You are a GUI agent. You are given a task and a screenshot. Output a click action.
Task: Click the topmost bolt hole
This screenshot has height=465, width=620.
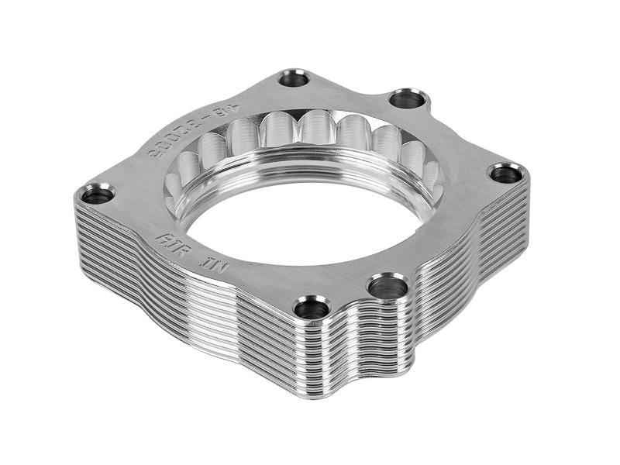294,77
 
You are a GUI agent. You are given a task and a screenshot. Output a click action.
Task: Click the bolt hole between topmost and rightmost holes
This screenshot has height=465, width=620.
408,98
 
